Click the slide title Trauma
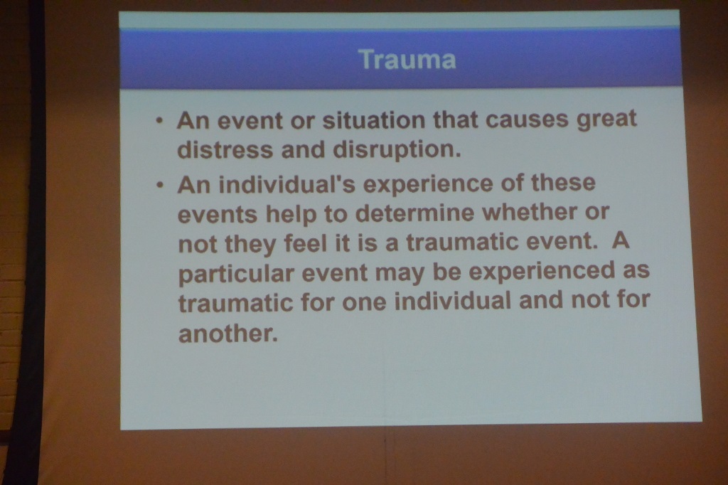click(407, 60)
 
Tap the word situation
click(373, 120)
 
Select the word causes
click(527, 119)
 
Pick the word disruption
click(397, 149)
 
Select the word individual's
click(287, 184)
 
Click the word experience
click(427, 184)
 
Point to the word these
click(563, 182)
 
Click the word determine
click(414, 213)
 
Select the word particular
click(236, 274)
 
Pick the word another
click(228, 333)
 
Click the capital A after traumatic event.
click(620, 240)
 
